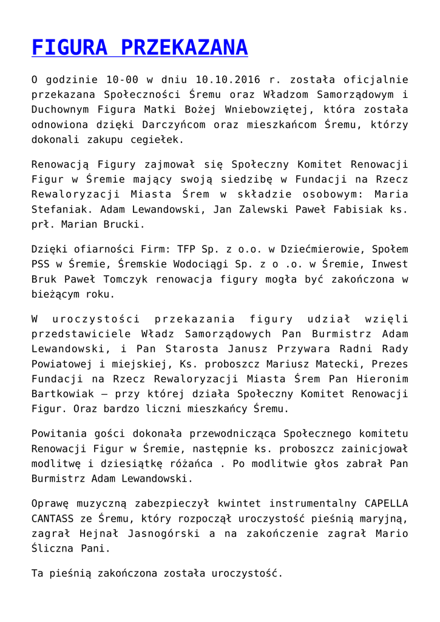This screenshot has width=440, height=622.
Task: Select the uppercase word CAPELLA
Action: [x=386, y=503]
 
